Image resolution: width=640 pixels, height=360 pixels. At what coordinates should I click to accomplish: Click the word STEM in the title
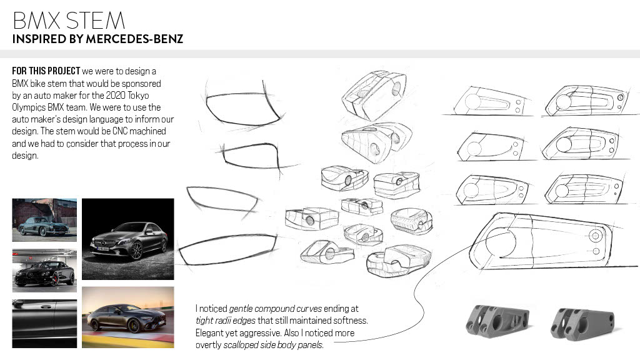(x=96, y=21)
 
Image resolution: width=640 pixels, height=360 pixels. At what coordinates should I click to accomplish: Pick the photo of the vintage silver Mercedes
(x=44, y=220)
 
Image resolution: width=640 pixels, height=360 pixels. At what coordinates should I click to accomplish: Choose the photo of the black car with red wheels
(x=44, y=271)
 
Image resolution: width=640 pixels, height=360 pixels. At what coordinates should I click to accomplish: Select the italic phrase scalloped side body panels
(x=273, y=345)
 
